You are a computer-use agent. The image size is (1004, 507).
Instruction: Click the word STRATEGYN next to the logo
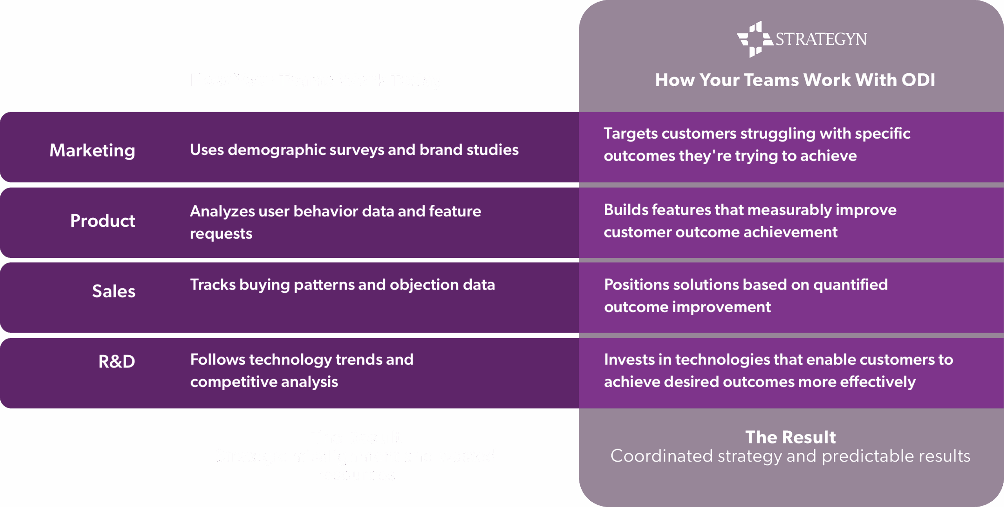821,40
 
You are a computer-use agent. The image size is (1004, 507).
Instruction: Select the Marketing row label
92,150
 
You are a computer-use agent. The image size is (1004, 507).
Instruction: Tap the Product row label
103,221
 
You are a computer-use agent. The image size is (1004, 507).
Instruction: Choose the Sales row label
114,292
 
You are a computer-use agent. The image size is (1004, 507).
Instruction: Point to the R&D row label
116,362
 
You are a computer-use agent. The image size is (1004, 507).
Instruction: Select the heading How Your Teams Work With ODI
795,80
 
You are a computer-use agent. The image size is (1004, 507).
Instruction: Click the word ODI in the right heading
918,80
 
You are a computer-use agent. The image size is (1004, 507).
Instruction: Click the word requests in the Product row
221,234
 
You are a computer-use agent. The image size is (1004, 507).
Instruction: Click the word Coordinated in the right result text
661,456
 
